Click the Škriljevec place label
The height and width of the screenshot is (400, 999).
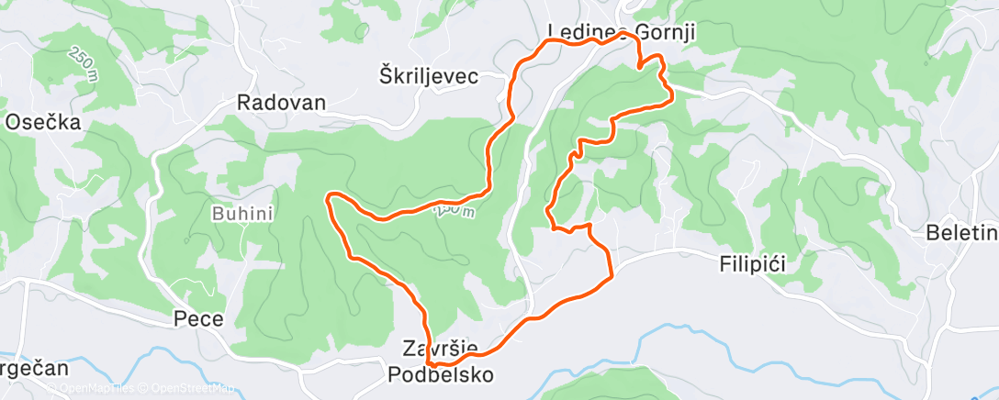[x=429, y=76]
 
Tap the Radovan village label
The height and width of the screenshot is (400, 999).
[x=282, y=102]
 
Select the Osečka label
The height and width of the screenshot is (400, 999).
[x=43, y=122]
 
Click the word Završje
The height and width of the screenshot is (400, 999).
[x=440, y=349]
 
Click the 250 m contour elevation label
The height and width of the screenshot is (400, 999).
[x=81, y=63]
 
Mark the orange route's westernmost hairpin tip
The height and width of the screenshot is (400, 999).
[x=330, y=196]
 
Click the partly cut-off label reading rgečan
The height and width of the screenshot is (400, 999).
[x=34, y=369]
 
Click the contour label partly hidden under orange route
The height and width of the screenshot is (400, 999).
[x=456, y=211]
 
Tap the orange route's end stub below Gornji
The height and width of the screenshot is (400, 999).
[x=639, y=66]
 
